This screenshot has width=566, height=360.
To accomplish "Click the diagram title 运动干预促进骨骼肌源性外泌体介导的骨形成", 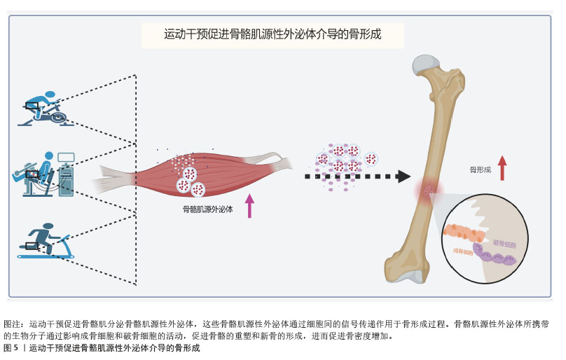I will tap(272, 34).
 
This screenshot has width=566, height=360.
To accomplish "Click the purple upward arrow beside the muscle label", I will tap(249, 205).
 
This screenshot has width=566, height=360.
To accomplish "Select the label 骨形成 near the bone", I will tap(480, 169).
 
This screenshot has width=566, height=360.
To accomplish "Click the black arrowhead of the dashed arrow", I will tap(403, 176).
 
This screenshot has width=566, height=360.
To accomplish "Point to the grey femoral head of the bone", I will tap(427, 64).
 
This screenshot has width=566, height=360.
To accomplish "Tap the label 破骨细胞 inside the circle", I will tap(504, 243).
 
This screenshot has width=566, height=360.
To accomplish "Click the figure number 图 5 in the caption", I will tap(11, 348).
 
